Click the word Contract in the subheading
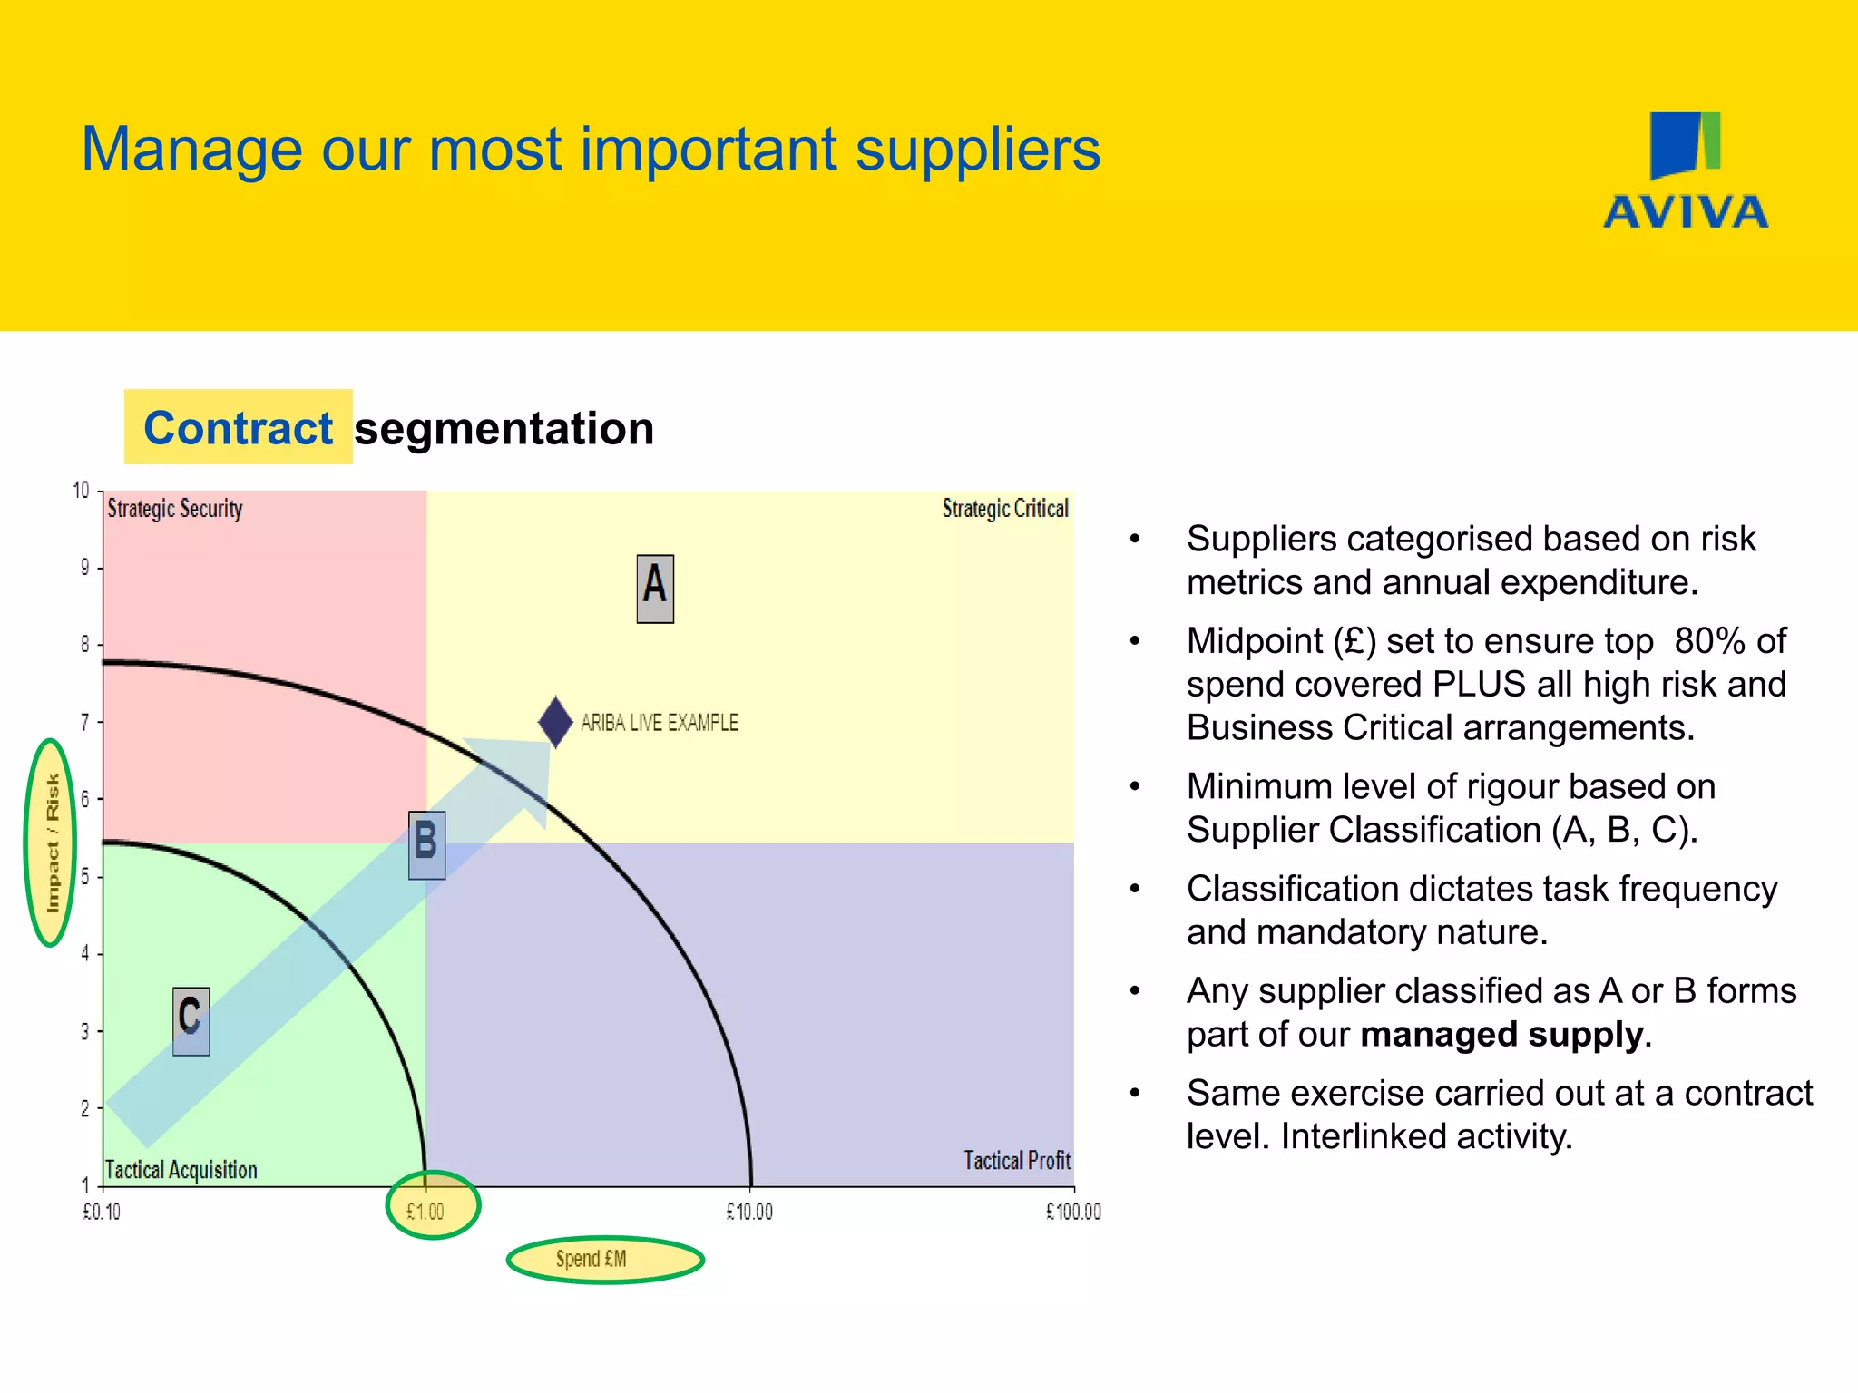(x=239, y=428)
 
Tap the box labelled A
(x=655, y=589)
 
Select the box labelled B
(x=426, y=844)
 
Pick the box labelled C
(x=191, y=1021)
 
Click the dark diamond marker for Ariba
(x=555, y=722)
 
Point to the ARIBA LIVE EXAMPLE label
(x=660, y=723)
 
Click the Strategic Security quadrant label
(x=175, y=508)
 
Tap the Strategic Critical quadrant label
(x=1005, y=508)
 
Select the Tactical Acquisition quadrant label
(x=181, y=1170)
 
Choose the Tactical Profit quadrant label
(x=1017, y=1161)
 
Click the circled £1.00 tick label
(x=425, y=1212)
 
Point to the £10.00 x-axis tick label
(x=749, y=1212)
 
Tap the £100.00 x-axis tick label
(x=1073, y=1212)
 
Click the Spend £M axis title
(x=592, y=1259)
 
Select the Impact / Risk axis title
(x=53, y=843)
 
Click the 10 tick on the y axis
(x=82, y=491)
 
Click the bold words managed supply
(x=1501, y=1035)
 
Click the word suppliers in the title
(x=977, y=150)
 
